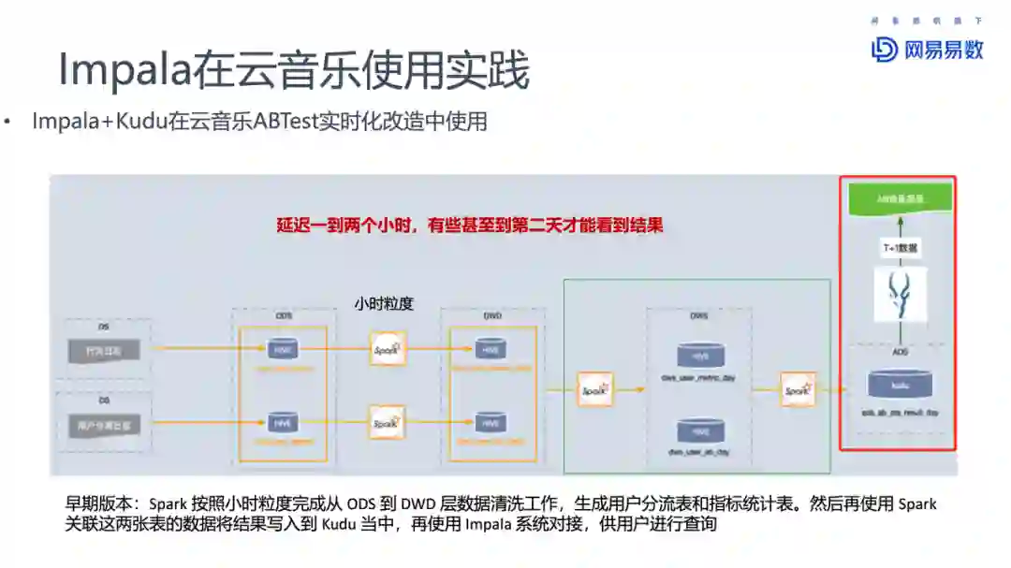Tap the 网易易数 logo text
pyautogui.click(x=944, y=50)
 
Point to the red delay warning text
pyautogui.click(x=469, y=226)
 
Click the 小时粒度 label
pyautogui.click(x=384, y=303)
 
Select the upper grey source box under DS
pyautogui.click(x=104, y=351)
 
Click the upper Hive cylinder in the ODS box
pyautogui.click(x=282, y=349)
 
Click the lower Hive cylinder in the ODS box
pyautogui.click(x=282, y=422)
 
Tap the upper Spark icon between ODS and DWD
pyautogui.click(x=387, y=349)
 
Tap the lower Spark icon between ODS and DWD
pyautogui.click(x=387, y=422)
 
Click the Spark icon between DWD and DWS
pyautogui.click(x=595, y=388)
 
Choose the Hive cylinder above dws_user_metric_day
pyautogui.click(x=700, y=356)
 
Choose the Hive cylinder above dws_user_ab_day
pyautogui.click(x=700, y=430)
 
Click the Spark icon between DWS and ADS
pyautogui.click(x=798, y=388)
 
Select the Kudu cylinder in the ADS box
pyautogui.click(x=899, y=384)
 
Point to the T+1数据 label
pyautogui.click(x=899, y=248)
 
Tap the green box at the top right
pyautogui.click(x=899, y=197)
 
